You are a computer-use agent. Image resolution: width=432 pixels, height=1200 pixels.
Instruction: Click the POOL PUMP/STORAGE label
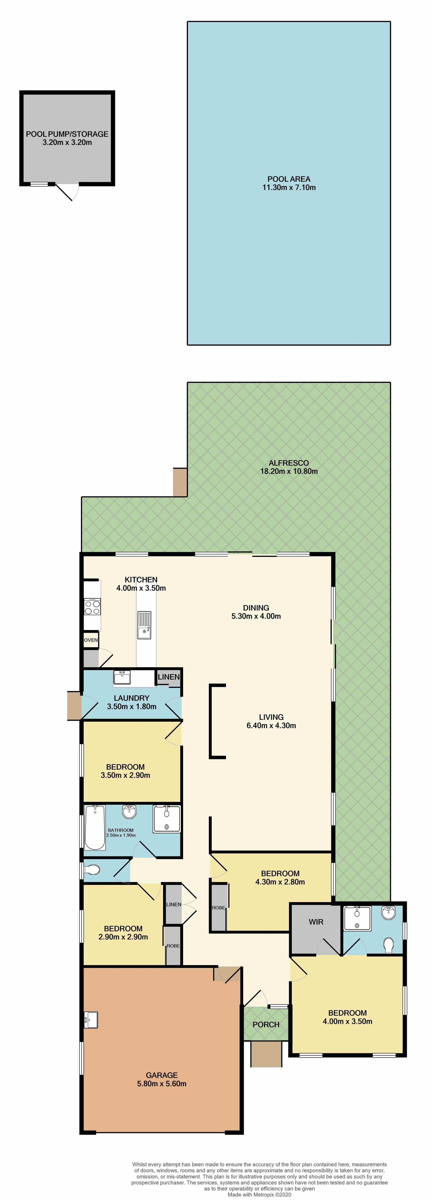tap(67, 134)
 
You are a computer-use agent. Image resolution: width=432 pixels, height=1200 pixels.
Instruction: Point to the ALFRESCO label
tap(289, 463)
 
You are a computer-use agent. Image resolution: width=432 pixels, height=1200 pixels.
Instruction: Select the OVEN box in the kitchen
tap(91, 640)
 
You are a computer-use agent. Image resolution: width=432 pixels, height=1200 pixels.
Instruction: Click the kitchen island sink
tap(144, 625)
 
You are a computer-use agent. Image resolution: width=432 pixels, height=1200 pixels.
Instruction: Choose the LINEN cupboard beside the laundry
tap(168, 677)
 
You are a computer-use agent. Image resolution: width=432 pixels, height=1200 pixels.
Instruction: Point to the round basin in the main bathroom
tap(129, 812)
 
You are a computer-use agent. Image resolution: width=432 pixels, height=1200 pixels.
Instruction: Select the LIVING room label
tap(271, 717)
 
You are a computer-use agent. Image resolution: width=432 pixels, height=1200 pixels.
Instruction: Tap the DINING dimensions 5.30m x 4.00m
tap(256, 616)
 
